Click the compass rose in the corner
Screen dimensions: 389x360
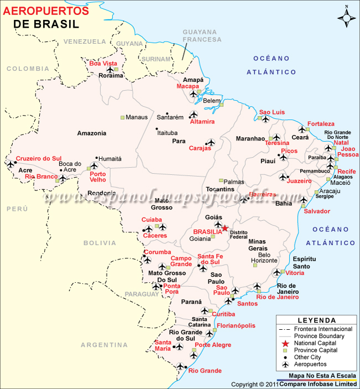point(346,17)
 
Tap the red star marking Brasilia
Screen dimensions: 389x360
point(225,228)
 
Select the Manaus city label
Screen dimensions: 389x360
point(137,117)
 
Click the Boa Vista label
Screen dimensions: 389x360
point(103,64)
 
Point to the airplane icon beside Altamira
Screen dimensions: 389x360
point(193,115)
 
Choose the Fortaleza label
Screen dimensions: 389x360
point(321,123)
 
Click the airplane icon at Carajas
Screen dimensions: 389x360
point(210,142)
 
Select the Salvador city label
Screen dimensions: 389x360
point(316,211)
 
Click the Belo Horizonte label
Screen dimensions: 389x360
point(264,257)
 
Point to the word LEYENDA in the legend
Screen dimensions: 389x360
point(316,320)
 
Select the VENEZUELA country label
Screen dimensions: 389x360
point(84,42)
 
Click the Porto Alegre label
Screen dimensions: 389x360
point(213,345)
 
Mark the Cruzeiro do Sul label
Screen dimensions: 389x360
point(38,158)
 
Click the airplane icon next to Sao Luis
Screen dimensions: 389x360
point(265,119)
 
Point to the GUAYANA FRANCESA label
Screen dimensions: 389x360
point(202,35)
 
